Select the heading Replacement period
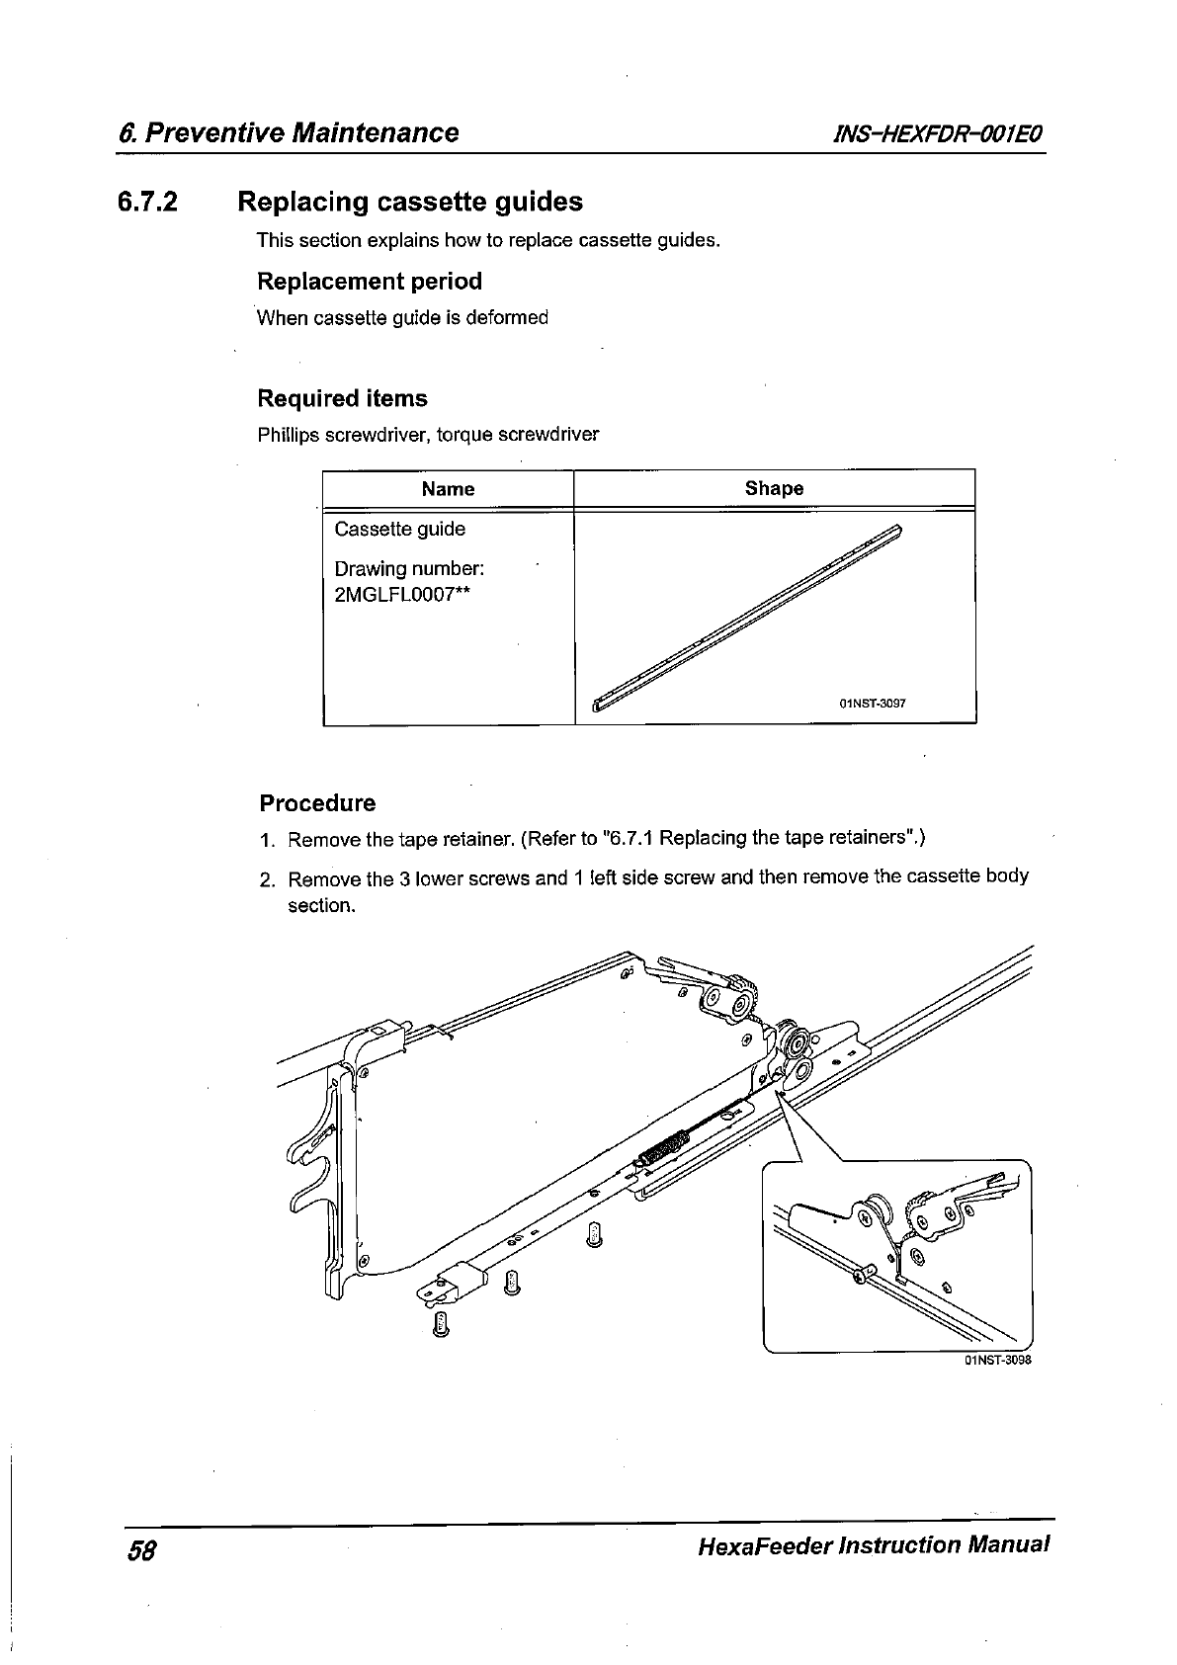(370, 282)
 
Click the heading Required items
(342, 399)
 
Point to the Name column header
(448, 489)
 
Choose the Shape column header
(774, 488)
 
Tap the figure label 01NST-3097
(872, 705)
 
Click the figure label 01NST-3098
(997, 1360)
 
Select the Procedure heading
(317, 803)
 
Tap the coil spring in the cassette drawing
(661, 1149)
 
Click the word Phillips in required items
(288, 436)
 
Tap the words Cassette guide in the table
(399, 530)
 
